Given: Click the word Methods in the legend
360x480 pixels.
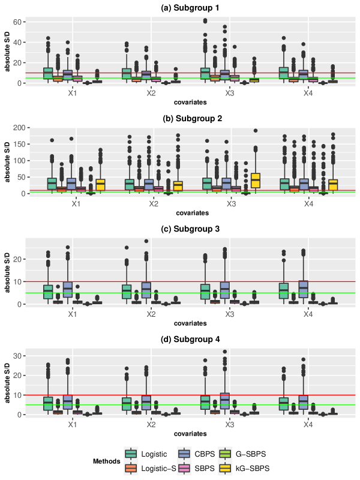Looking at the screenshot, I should click(108, 461).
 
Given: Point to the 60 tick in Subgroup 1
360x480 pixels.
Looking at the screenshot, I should click(18, 22).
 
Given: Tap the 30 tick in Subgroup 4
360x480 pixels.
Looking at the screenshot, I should click(18, 356).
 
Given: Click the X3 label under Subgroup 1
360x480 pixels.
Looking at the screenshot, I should click(230, 94).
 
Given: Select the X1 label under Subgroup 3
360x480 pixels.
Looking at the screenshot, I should click(73, 314).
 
